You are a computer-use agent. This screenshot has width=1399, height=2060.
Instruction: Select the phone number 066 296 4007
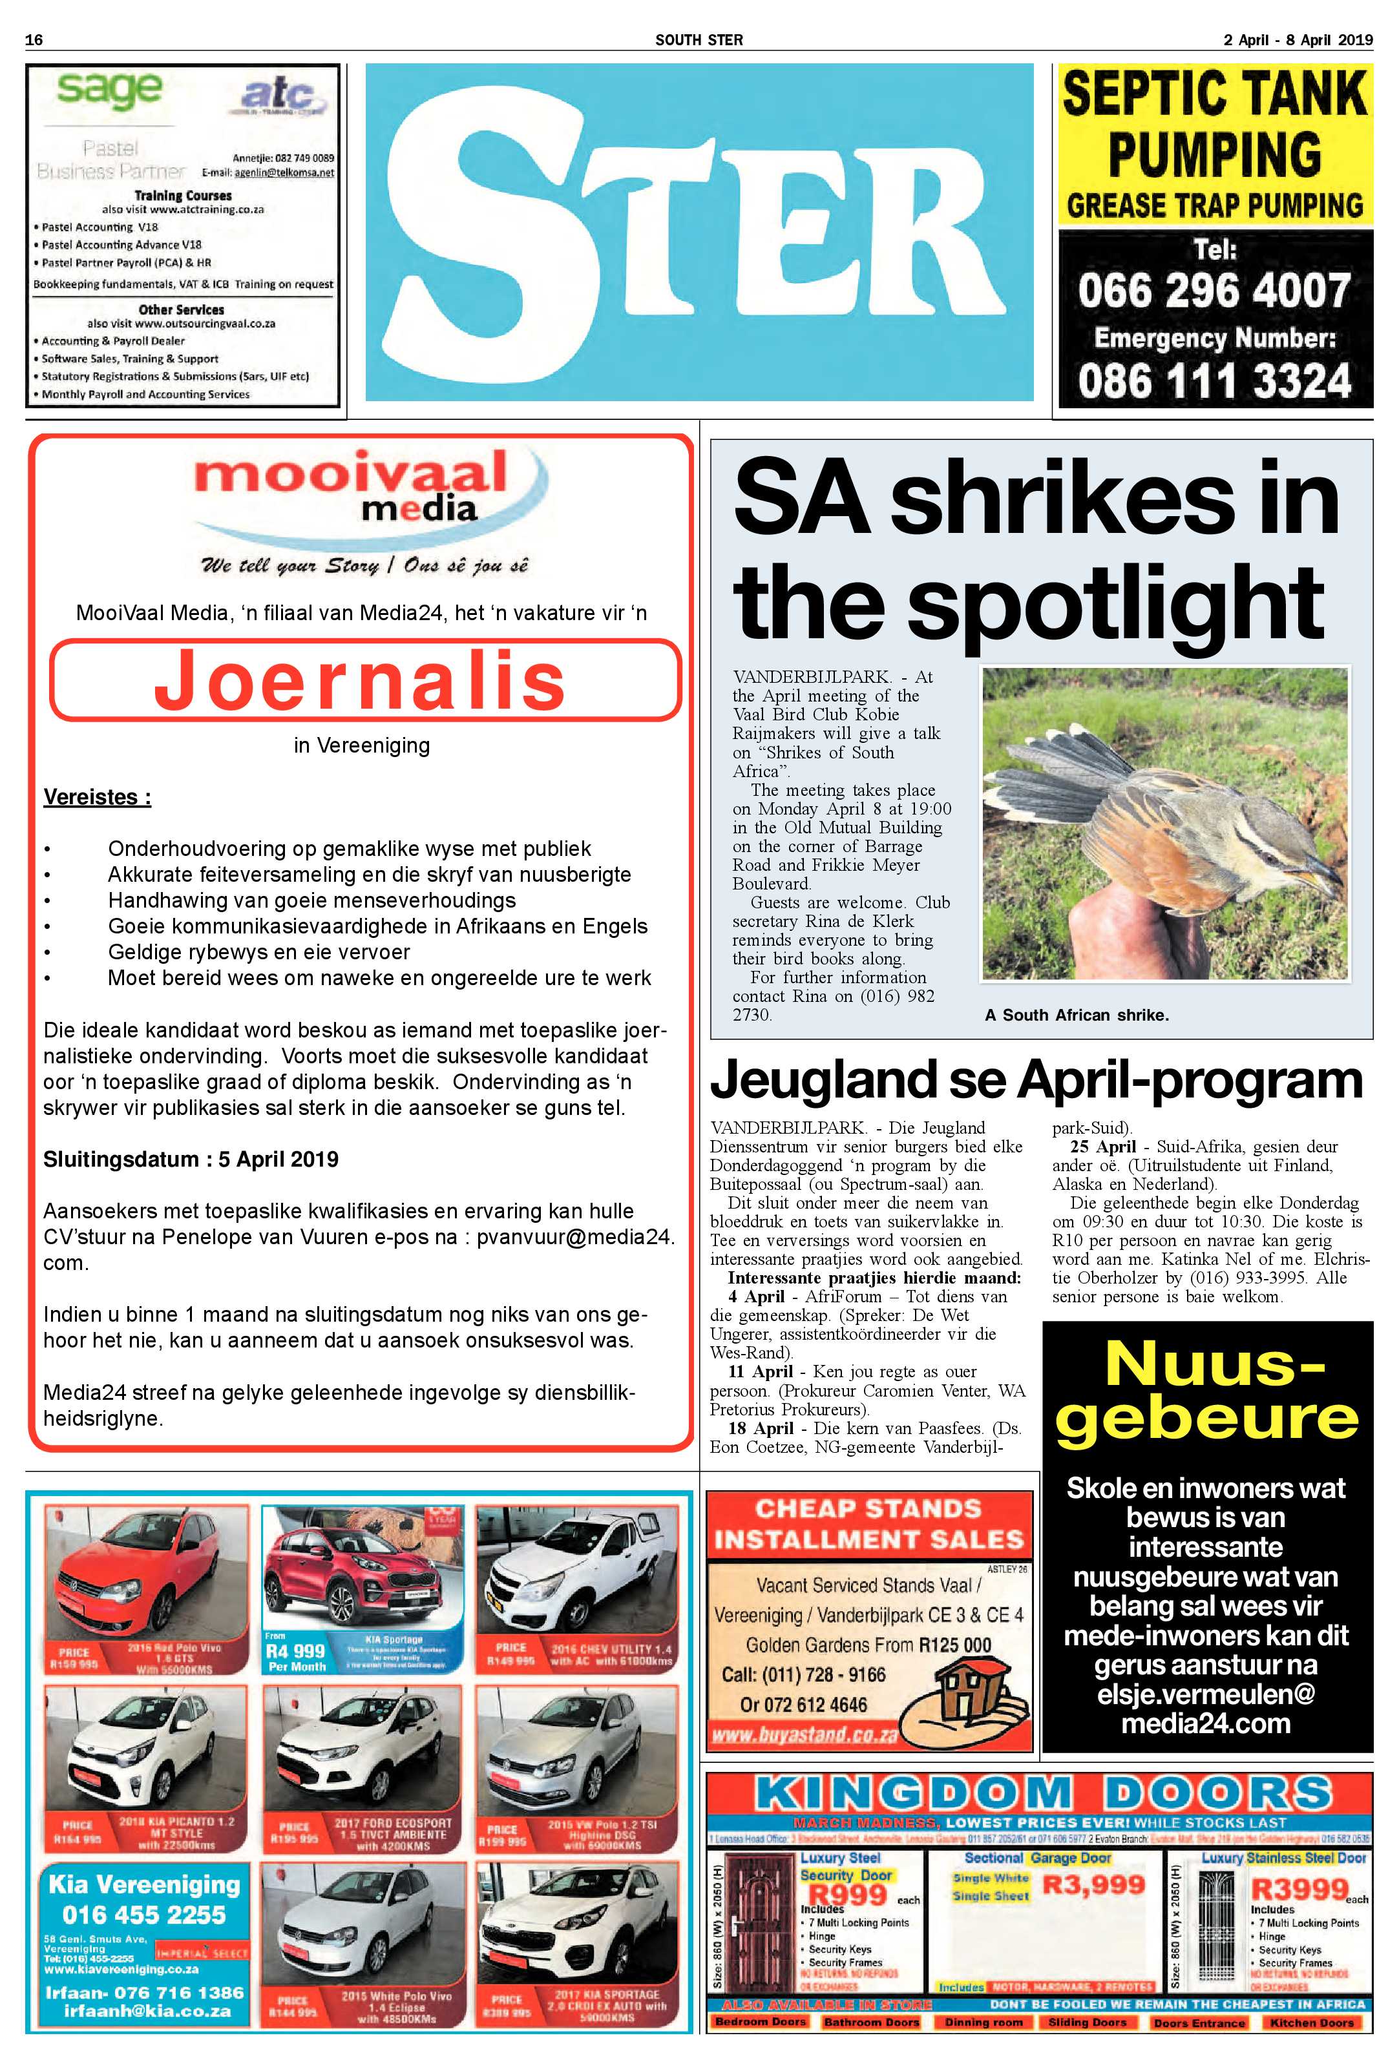click(1214, 290)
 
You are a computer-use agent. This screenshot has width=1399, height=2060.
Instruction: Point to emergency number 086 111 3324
click(1214, 381)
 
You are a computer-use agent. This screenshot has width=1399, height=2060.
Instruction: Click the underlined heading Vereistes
click(98, 797)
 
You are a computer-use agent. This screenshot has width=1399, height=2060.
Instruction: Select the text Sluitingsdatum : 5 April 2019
click(191, 1160)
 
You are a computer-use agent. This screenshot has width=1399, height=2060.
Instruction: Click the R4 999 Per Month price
click(296, 1658)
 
